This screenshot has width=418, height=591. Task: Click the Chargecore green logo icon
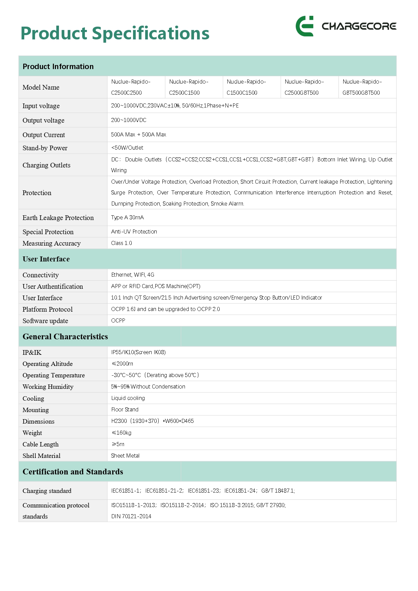point(304,26)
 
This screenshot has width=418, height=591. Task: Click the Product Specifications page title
point(115,33)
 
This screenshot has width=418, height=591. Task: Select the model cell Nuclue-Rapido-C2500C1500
point(188,87)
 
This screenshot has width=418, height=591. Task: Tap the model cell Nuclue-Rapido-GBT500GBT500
point(362,87)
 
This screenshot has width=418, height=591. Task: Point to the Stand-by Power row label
point(45,148)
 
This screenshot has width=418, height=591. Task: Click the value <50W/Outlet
point(127,148)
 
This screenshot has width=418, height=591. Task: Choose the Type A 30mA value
point(127,217)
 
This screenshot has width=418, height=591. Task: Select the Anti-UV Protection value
point(134,231)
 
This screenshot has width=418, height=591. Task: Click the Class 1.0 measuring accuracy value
point(121,243)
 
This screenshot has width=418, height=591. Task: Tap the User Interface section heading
point(46,259)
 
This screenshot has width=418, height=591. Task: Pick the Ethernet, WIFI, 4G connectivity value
point(132,275)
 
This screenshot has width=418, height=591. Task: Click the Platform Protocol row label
point(47,309)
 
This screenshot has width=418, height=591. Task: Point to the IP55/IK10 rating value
point(138,352)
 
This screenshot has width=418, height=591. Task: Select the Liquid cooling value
point(128,398)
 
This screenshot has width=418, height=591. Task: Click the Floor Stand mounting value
point(125,409)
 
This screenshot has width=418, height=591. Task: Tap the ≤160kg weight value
point(121,433)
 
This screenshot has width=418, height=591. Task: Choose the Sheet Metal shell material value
point(125,456)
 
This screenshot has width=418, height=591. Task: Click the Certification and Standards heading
point(73,472)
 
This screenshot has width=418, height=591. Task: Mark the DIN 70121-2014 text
point(131,516)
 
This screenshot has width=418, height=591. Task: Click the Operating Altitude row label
point(47,364)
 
